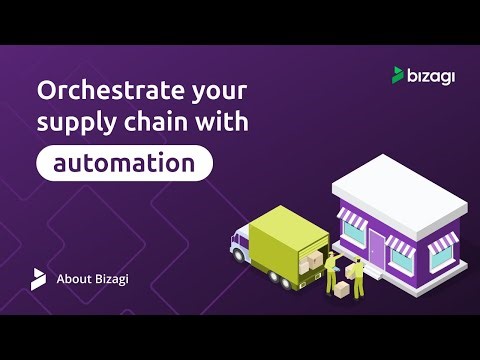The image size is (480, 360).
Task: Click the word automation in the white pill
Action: (125, 162)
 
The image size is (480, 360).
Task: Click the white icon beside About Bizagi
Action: (38, 279)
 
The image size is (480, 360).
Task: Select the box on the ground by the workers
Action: (342, 288)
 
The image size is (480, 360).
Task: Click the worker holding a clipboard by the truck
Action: (331, 271)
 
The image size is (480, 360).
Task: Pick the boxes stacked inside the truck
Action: (314, 262)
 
